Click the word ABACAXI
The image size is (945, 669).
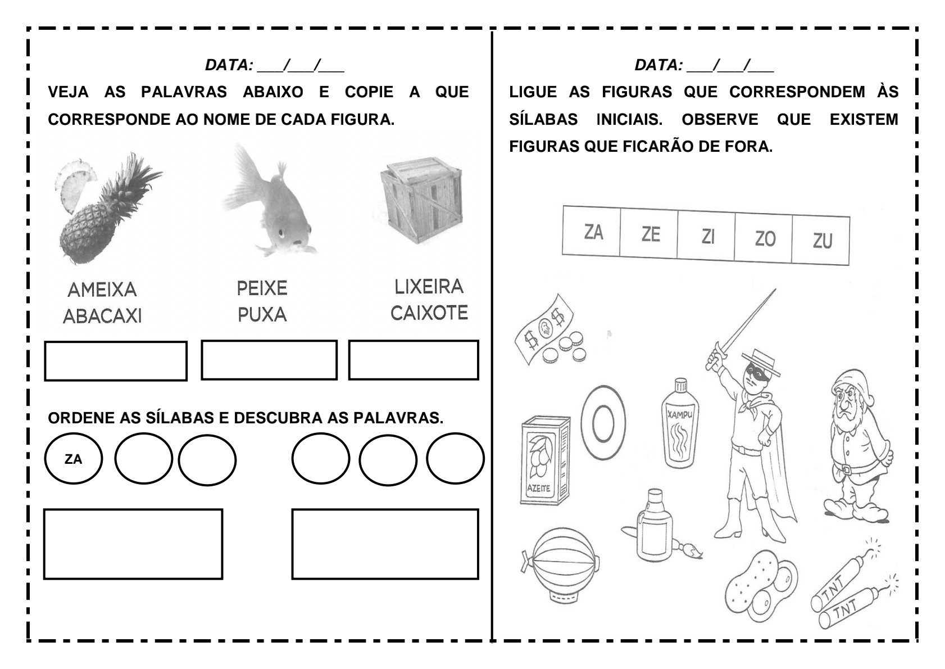(102, 317)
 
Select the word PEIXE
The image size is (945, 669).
(262, 288)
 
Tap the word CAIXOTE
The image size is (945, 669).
(429, 313)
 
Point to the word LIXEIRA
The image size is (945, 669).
(429, 287)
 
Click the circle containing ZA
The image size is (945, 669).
(74, 459)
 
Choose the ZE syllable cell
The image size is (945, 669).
(650, 233)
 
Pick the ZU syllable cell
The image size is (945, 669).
(822, 241)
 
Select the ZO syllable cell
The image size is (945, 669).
(765, 238)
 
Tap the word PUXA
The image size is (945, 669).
(262, 315)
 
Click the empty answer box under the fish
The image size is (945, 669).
(269, 360)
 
